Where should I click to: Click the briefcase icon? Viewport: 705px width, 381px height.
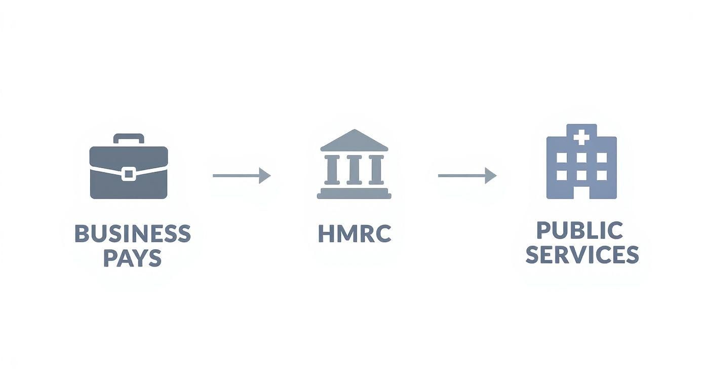(129, 166)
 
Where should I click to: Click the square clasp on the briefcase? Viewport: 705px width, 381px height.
(129, 174)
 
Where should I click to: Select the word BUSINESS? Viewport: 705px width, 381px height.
(133, 234)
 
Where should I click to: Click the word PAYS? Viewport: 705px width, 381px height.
(133, 258)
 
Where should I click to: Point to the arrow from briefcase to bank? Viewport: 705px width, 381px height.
(242, 175)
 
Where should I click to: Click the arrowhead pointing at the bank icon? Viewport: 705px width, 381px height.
(265, 175)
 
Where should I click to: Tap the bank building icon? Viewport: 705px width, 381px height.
(354, 164)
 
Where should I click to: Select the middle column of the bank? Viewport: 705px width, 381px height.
(354, 169)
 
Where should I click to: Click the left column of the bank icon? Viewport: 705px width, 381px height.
(332, 169)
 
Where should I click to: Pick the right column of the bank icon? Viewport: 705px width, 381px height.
(376, 169)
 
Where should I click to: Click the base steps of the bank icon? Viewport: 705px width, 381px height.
(354, 194)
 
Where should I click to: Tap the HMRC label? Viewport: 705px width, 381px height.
(355, 234)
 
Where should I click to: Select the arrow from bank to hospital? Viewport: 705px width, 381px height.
(467, 175)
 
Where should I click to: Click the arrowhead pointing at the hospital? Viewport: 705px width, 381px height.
(491, 175)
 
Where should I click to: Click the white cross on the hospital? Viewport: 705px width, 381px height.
(581, 138)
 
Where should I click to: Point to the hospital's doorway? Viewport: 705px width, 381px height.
(581, 192)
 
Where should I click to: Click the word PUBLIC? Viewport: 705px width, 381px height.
(579, 230)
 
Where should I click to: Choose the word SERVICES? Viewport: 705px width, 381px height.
(582, 254)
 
